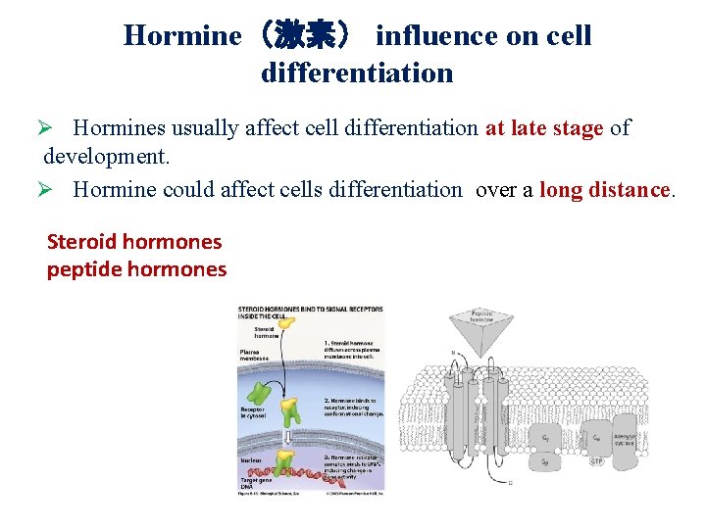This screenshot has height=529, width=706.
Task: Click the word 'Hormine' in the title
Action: pyautogui.click(x=181, y=36)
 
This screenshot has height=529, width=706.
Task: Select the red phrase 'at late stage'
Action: pyautogui.click(x=544, y=128)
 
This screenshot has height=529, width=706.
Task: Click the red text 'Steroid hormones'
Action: pyautogui.click(x=134, y=241)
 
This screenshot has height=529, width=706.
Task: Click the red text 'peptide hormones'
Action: pyautogui.click(x=136, y=269)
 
